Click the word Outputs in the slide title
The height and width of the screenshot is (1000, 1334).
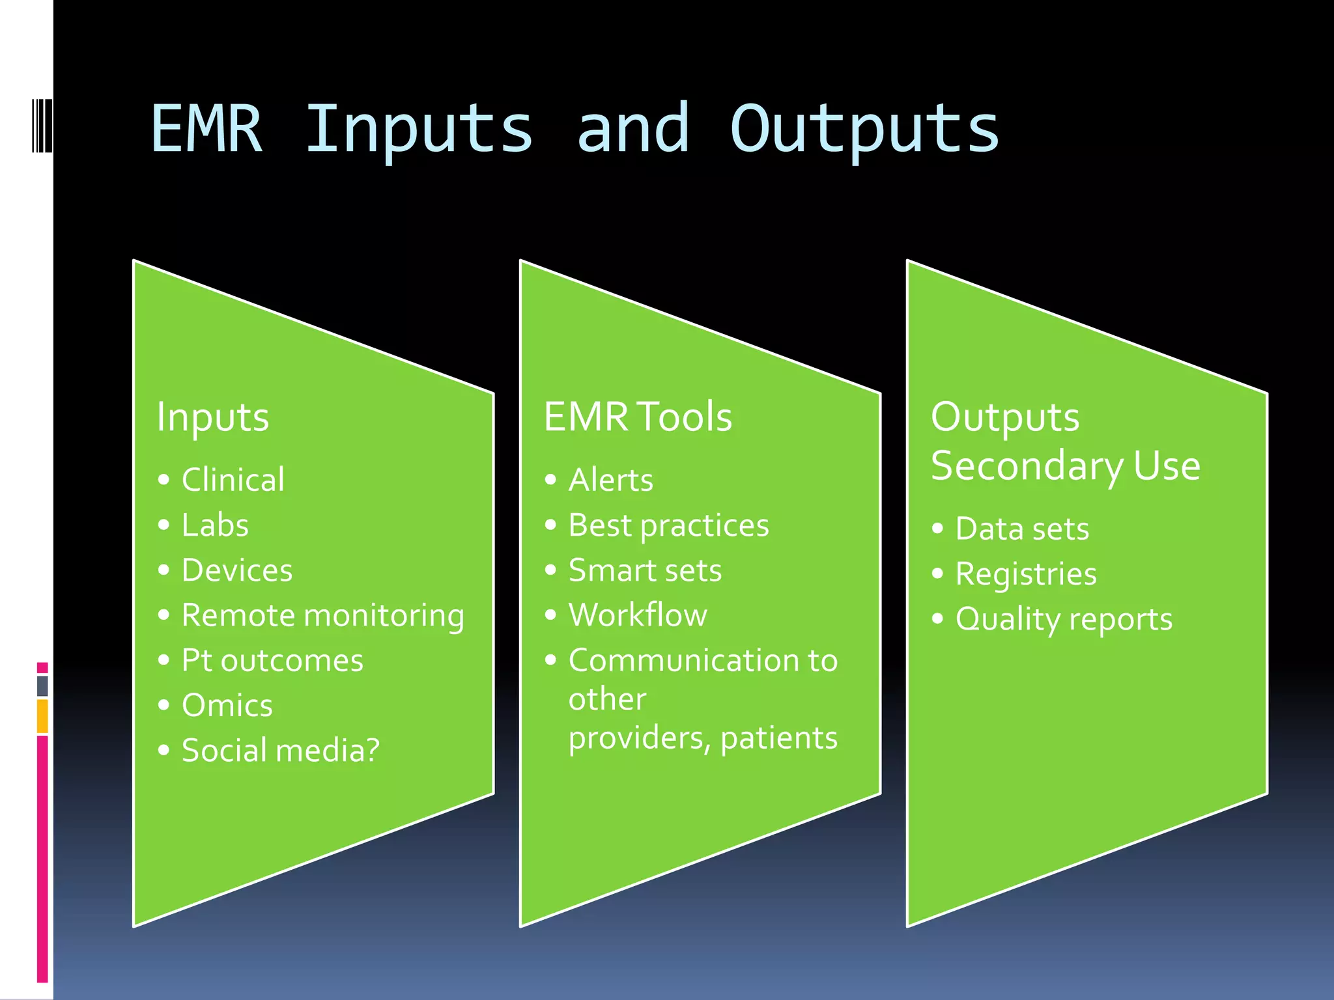pos(864,130)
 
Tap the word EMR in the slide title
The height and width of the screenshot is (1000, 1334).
pos(206,130)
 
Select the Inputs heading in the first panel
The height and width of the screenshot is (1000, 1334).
pos(212,417)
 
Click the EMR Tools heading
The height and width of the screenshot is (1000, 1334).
pos(637,417)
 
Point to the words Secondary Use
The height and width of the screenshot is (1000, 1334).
pos(1065,466)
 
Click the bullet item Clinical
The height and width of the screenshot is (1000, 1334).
pos(233,480)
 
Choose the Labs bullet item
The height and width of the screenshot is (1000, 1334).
pos(215,525)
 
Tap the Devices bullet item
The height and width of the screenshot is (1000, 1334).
pos(237,571)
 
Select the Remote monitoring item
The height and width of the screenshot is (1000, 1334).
pos(322,616)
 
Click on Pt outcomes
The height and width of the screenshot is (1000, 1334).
pos(272,661)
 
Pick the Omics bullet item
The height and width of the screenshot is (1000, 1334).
pos(227,706)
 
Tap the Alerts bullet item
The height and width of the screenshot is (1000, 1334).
pos(610,480)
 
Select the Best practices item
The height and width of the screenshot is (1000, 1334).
pos(668,525)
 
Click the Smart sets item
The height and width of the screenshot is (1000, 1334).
pos(645,571)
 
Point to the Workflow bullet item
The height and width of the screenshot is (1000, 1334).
pos(638,615)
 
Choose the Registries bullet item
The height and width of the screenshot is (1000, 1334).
pos(1026,574)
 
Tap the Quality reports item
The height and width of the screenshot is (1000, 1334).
pos(1064,619)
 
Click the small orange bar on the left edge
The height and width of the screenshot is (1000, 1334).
pos(42,715)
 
